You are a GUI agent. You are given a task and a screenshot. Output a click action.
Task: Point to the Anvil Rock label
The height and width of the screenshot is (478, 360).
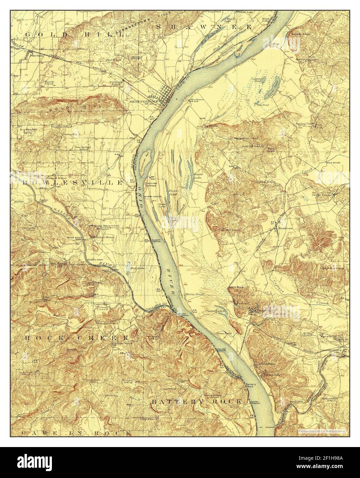tap(236, 287)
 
